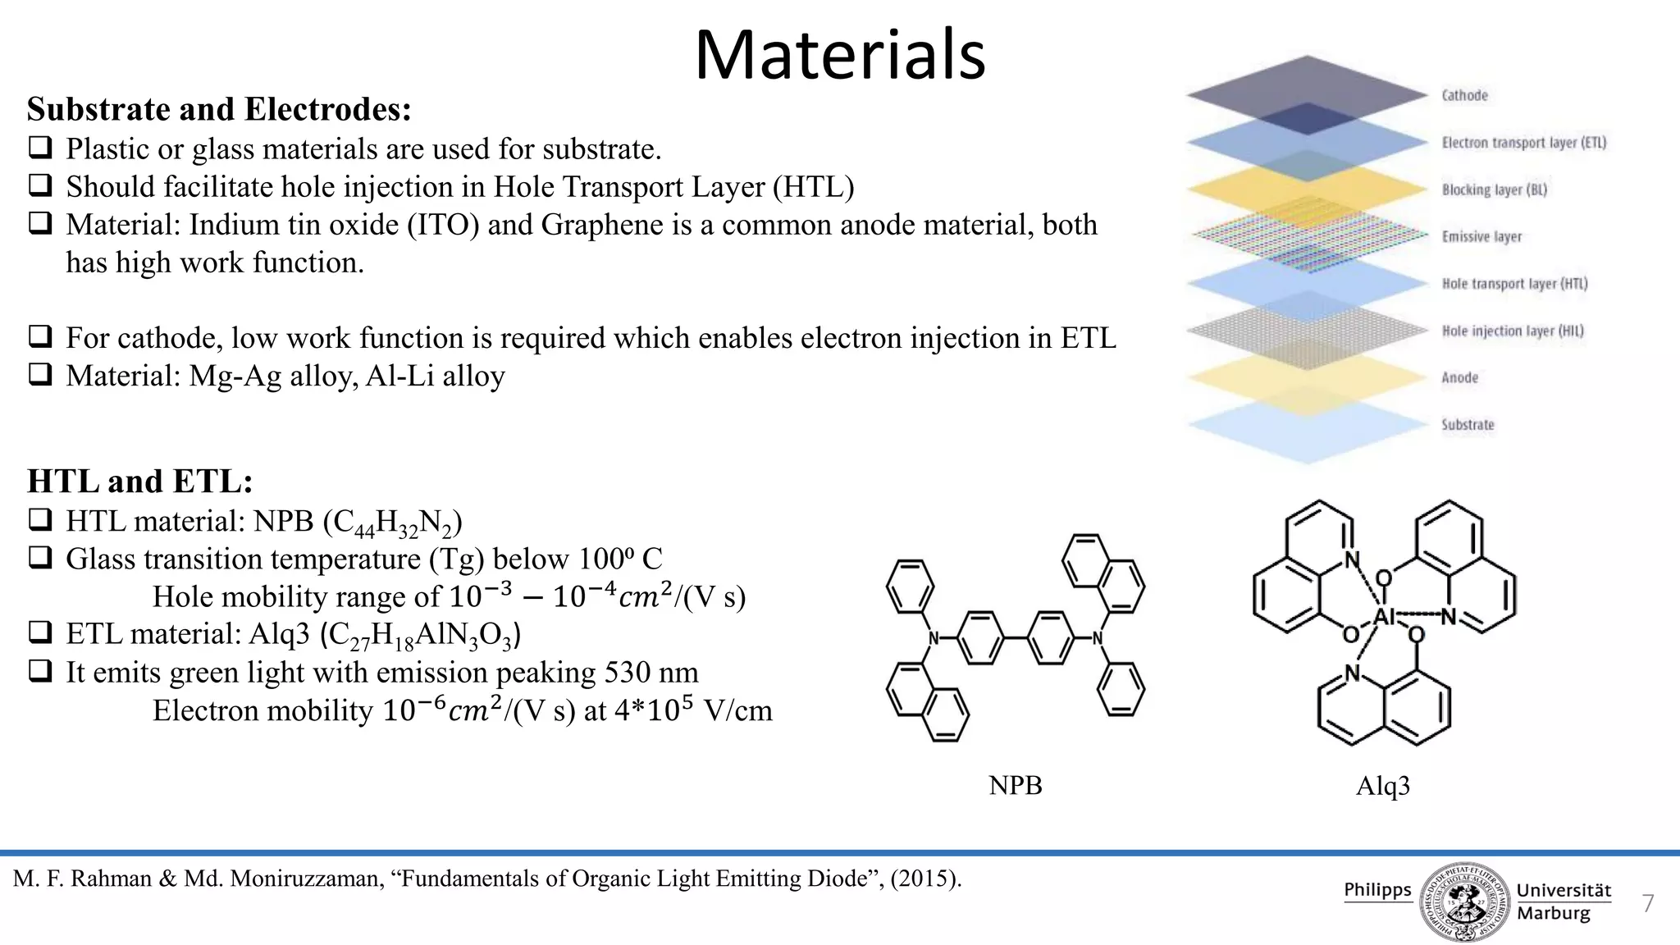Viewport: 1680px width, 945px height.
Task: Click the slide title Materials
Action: pos(839,56)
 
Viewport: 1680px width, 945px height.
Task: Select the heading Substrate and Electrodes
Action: pos(219,109)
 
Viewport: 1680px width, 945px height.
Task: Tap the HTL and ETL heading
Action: pos(140,482)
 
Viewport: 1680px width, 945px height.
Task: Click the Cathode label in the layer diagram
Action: pos(1464,96)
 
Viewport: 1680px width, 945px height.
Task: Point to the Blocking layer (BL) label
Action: pos(1494,190)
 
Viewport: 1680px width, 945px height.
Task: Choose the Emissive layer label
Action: pos(1481,237)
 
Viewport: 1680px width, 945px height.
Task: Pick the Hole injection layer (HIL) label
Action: pos(1512,331)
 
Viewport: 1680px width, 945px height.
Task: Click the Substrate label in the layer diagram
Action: pos(1468,425)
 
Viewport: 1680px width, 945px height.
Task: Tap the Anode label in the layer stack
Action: pos(1459,378)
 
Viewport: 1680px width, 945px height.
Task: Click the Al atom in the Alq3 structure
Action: pos(1384,617)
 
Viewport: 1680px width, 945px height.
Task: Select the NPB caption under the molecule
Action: pos(1015,785)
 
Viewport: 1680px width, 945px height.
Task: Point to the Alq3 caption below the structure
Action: pos(1382,786)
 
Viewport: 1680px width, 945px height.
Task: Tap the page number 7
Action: pos(1647,904)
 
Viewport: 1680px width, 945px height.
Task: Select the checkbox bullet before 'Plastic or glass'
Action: pos(39,148)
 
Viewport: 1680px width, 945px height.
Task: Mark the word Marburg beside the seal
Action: pos(1553,913)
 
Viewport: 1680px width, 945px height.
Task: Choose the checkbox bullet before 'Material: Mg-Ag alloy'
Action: pos(39,376)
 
